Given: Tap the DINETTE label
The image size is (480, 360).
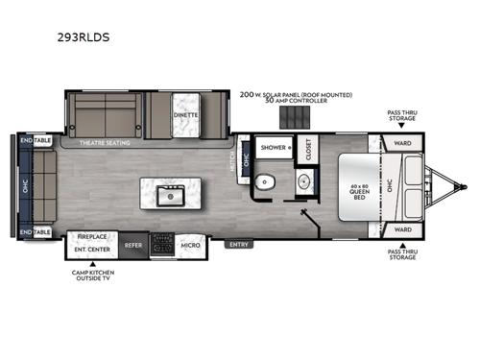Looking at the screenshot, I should click(x=187, y=114).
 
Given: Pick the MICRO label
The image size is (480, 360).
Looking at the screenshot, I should click(x=190, y=245).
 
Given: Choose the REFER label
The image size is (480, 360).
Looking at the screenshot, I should click(x=134, y=245).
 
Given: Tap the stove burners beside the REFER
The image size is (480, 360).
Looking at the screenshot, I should click(x=161, y=241).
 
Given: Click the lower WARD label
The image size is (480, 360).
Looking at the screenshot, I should click(x=402, y=230).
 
